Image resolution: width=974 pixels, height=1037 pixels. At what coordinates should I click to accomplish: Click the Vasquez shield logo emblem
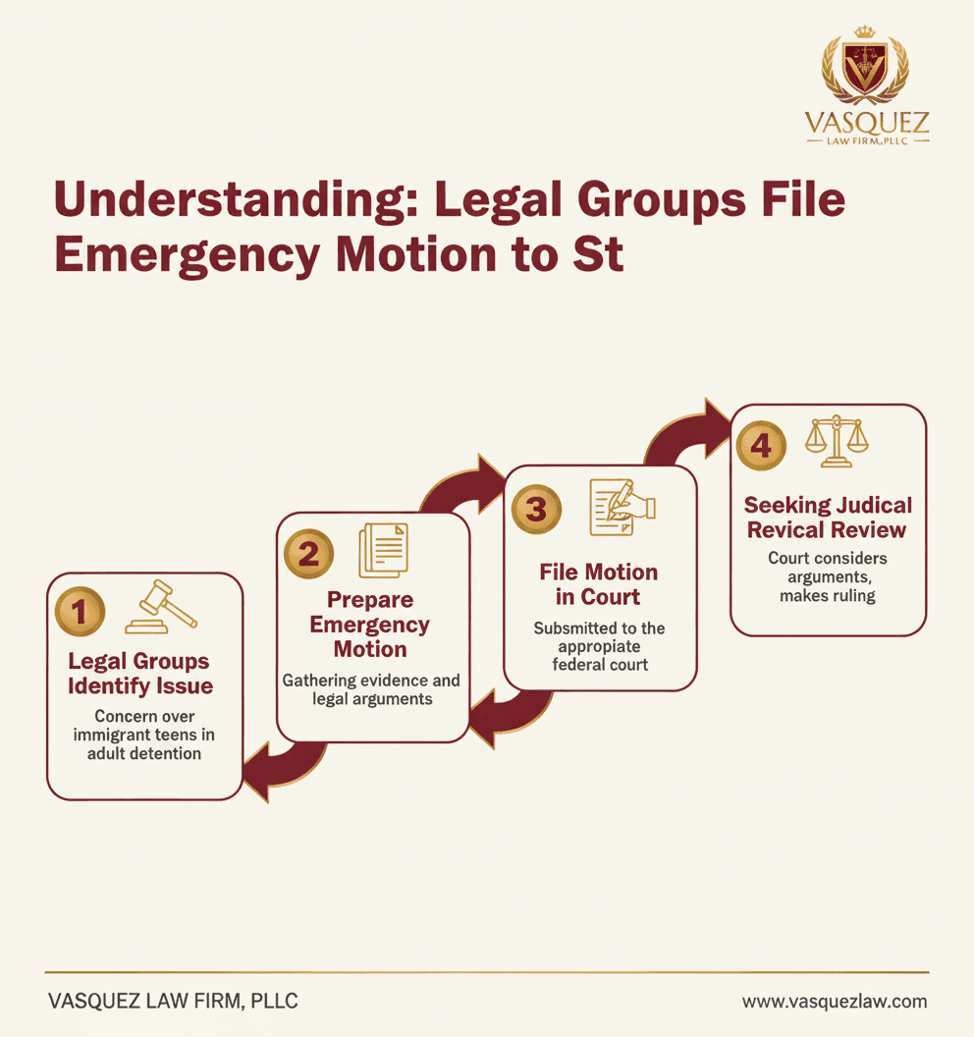click(865, 65)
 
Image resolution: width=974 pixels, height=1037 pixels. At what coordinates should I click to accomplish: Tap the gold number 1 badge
click(80, 612)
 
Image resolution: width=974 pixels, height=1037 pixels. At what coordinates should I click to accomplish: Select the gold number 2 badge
click(308, 554)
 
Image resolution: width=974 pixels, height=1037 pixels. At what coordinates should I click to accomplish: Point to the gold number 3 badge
click(536, 510)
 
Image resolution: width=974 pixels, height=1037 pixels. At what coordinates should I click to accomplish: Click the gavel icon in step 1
click(161, 607)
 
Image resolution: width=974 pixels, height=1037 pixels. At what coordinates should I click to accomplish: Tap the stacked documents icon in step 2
click(384, 550)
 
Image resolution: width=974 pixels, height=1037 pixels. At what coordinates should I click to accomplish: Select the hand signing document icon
click(622, 508)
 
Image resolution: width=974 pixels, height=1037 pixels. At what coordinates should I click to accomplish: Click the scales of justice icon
click(837, 441)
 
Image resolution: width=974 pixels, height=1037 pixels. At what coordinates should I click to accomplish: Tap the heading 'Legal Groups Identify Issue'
click(140, 674)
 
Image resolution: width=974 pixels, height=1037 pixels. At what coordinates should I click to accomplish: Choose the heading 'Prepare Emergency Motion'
click(370, 625)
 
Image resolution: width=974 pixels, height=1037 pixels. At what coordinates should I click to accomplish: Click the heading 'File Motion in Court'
click(598, 584)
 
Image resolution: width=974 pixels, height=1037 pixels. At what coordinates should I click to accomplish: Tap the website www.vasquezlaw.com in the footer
click(835, 1002)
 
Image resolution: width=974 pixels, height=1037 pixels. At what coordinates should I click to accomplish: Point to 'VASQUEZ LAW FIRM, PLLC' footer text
click(173, 1001)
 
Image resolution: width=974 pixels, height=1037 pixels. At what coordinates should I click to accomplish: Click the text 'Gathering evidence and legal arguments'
click(371, 689)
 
